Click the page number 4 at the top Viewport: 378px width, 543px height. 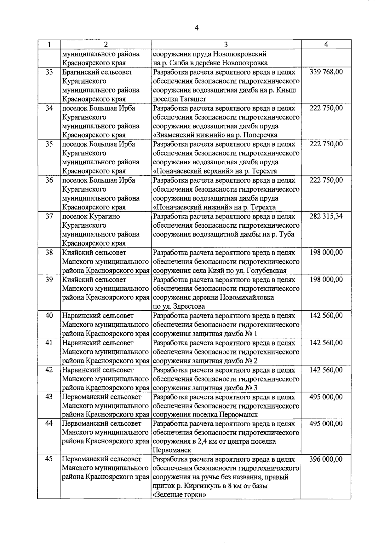pyautogui.click(x=197, y=28)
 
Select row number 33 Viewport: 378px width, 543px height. pyautogui.click(x=49, y=72)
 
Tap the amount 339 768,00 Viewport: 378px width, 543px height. pyautogui.click(x=326, y=72)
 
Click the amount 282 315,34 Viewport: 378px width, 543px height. pyautogui.click(x=326, y=217)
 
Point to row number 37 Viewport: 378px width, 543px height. pyautogui.click(x=49, y=217)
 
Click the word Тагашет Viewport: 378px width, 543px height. pyautogui.click(x=193, y=99)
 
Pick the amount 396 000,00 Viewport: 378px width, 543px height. pyautogui.click(x=326, y=459)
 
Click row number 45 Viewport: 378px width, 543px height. pyautogui.click(x=49, y=459)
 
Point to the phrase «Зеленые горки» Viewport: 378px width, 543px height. pyautogui.click(x=180, y=495)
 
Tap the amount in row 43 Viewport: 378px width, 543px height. pyautogui.click(x=326, y=397)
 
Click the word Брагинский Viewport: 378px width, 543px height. pyautogui.click(x=79, y=72)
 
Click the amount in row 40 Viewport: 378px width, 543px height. pyautogui.click(x=326, y=316)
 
